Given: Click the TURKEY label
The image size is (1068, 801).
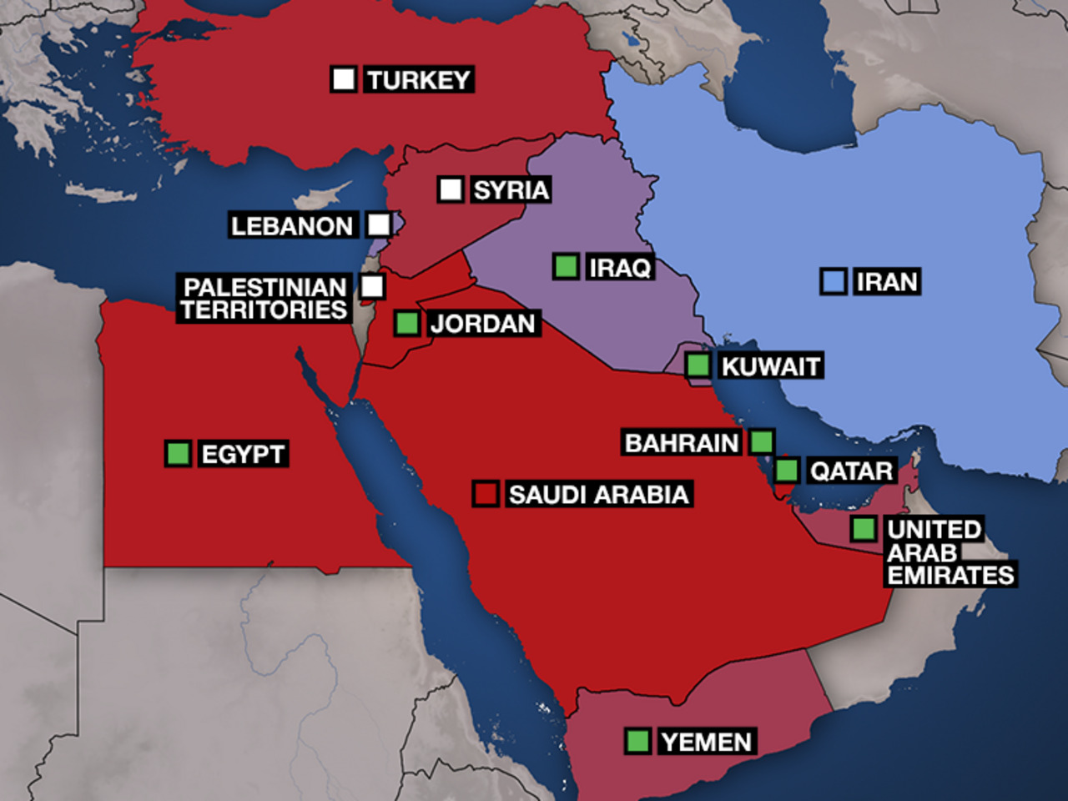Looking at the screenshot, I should [419, 80].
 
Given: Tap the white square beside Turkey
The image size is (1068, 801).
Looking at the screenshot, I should [343, 79].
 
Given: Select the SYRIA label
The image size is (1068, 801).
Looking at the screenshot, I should [511, 190].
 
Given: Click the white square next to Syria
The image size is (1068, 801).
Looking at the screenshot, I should [451, 189].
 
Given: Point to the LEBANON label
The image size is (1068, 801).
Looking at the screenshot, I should [292, 226].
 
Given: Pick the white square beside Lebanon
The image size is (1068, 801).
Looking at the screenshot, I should [379, 224].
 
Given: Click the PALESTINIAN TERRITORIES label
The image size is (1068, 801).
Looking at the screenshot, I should [264, 299].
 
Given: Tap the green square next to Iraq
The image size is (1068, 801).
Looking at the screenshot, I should [566, 267].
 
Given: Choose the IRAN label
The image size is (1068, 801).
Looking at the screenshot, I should [887, 282].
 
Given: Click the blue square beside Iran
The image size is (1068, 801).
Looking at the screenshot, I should [833, 282].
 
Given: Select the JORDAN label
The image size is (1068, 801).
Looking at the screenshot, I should [482, 324].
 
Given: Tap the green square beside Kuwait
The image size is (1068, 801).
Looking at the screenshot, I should [698, 365].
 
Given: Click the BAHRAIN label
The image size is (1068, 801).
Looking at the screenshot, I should [682, 443].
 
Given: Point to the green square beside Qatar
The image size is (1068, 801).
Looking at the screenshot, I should [787, 470].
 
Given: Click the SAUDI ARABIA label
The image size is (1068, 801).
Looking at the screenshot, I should [598, 495].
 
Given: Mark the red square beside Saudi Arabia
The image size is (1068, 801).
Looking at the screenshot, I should [486, 494].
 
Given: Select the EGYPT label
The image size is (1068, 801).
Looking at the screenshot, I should [243, 455].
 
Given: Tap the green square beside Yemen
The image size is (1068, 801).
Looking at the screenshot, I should [637, 741].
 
